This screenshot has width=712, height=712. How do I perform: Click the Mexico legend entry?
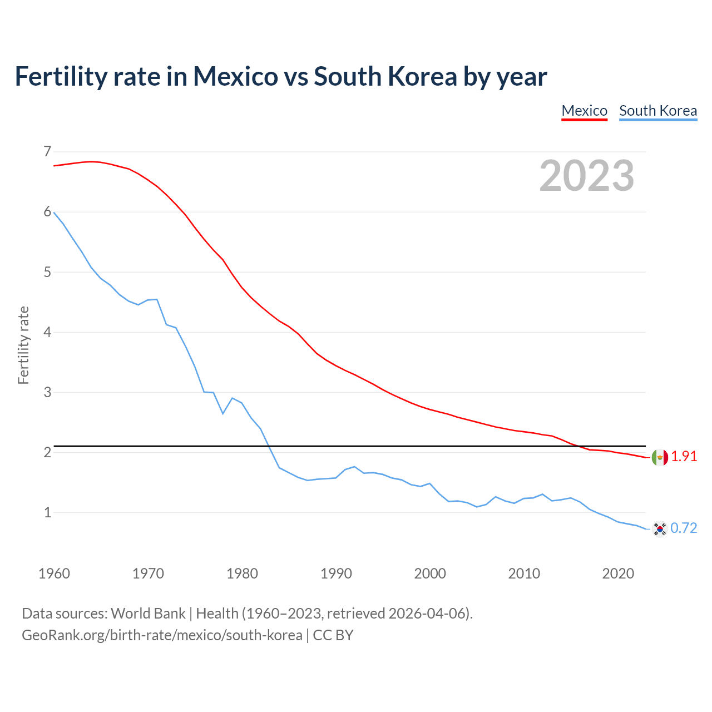click(584, 111)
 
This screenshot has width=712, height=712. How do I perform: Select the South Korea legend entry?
click(658, 111)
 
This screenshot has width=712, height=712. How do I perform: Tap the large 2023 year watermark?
click(587, 176)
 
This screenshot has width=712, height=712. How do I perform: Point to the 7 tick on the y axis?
click(47, 151)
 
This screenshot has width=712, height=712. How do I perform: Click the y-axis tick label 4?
click(47, 332)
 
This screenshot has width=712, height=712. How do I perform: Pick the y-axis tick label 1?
click(47, 512)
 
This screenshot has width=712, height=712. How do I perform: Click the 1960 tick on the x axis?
click(54, 573)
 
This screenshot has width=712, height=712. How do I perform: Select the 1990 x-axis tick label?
click(336, 573)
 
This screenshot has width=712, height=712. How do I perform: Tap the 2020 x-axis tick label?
click(618, 573)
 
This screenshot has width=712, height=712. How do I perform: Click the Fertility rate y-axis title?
click(23, 345)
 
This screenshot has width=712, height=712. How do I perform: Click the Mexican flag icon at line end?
click(660, 457)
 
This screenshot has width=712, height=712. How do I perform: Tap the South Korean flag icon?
click(660, 528)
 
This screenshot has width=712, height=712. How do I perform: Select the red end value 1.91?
click(684, 456)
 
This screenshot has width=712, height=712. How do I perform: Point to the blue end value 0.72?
click(684, 528)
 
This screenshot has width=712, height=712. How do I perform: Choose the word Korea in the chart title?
click(422, 76)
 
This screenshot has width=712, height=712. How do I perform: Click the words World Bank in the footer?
click(148, 613)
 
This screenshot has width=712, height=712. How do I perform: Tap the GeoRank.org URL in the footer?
click(162, 635)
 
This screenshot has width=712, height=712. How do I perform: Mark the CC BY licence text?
click(333, 635)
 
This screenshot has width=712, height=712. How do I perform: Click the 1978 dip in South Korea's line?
click(223, 413)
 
